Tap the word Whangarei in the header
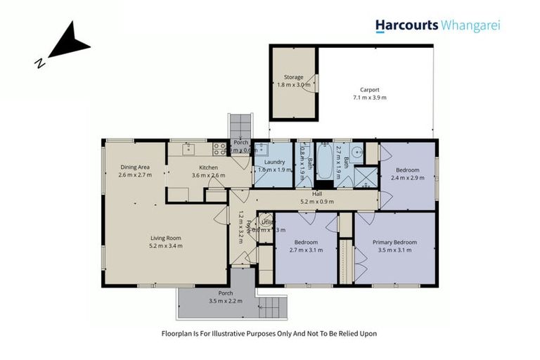[x=470, y=26]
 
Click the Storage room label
[x=293, y=77]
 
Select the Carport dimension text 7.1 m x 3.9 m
[x=370, y=98]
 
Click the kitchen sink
[x=188, y=149]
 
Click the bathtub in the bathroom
[x=326, y=160]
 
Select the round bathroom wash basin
[x=357, y=150]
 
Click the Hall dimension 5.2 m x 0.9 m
[x=317, y=201]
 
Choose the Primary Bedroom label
[x=394, y=243]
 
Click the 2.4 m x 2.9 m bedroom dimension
[x=407, y=178]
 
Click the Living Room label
[x=165, y=238]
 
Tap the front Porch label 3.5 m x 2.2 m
[x=225, y=300]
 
